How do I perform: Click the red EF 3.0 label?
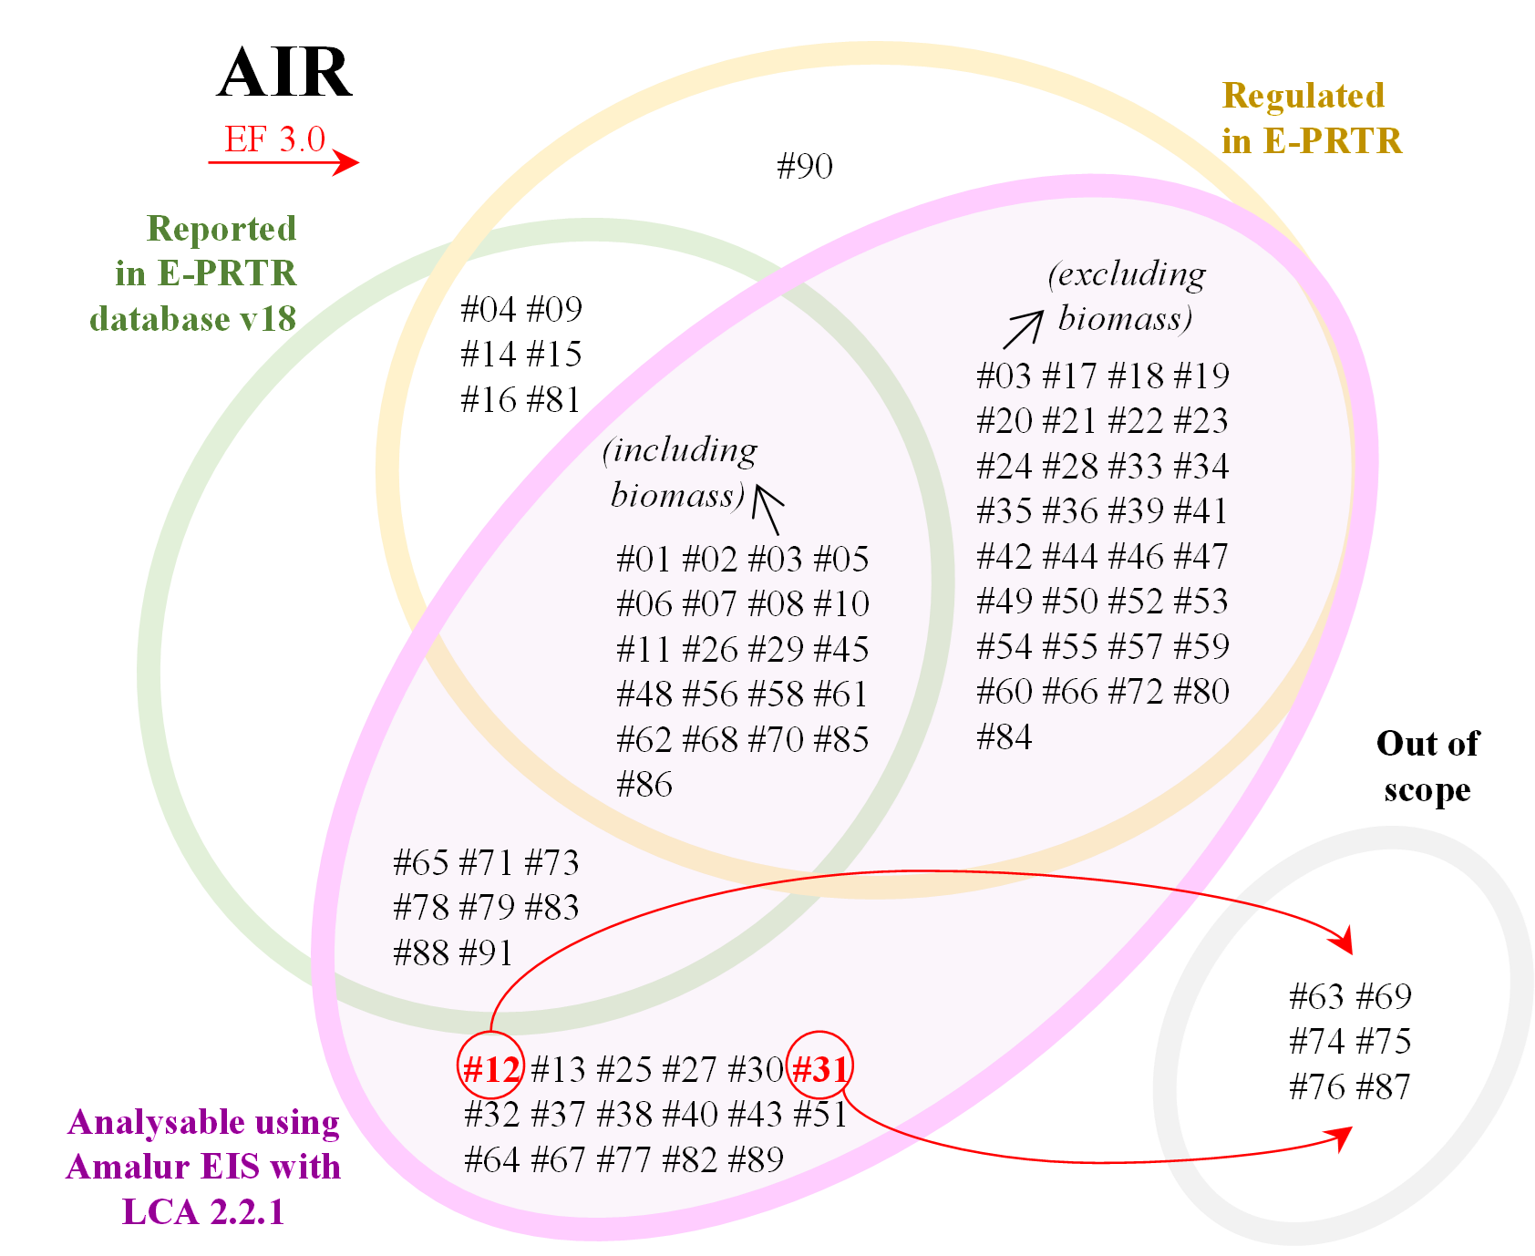click(x=275, y=139)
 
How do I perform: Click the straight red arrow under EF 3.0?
click(x=283, y=163)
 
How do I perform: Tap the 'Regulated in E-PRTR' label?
click(x=1311, y=118)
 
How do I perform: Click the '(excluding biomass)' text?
click(x=1127, y=296)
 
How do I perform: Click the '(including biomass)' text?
click(x=679, y=472)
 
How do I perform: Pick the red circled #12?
click(x=491, y=1067)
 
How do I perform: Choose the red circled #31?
click(x=819, y=1067)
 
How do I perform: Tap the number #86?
click(x=644, y=785)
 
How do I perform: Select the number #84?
click(x=1004, y=736)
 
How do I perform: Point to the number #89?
click(x=757, y=1159)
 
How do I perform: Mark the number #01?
click(x=644, y=559)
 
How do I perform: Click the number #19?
click(x=1201, y=376)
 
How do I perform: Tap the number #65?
click(x=421, y=862)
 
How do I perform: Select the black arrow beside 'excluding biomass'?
click(x=1024, y=329)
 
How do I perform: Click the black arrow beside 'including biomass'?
click(x=768, y=510)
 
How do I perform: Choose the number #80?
click(x=1201, y=692)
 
